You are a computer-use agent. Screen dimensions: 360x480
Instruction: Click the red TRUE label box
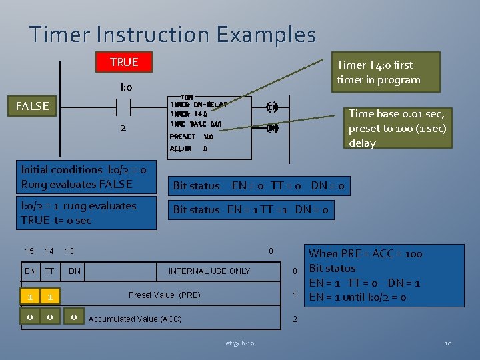click(x=124, y=62)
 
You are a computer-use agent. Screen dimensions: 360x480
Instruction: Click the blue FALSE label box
click(x=33, y=106)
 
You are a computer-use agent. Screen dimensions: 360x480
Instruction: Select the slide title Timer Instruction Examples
click(x=173, y=34)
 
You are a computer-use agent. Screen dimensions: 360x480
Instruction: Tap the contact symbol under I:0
click(x=123, y=107)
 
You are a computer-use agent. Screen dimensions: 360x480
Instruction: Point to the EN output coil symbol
click(x=272, y=107)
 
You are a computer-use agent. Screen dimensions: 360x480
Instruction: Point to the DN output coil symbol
click(x=272, y=128)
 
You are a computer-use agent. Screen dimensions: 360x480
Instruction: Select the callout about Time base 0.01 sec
click(x=397, y=128)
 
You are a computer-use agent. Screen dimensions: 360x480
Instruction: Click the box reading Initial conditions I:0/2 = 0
click(x=87, y=177)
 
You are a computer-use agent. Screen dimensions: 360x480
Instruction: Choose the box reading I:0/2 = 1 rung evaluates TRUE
click(x=87, y=213)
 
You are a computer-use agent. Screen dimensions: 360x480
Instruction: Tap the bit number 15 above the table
click(x=29, y=251)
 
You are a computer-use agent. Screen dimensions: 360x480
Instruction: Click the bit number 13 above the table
click(x=69, y=251)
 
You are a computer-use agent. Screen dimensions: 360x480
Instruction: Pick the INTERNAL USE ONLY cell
click(x=209, y=271)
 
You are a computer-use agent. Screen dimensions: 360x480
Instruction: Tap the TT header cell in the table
click(x=49, y=271)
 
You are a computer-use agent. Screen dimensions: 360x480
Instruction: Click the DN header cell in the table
click(x=75, y=271)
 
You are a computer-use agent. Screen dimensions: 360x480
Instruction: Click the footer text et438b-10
click(x=239, y=343)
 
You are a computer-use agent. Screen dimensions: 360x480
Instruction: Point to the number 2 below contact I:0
click(x=123, y=127)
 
